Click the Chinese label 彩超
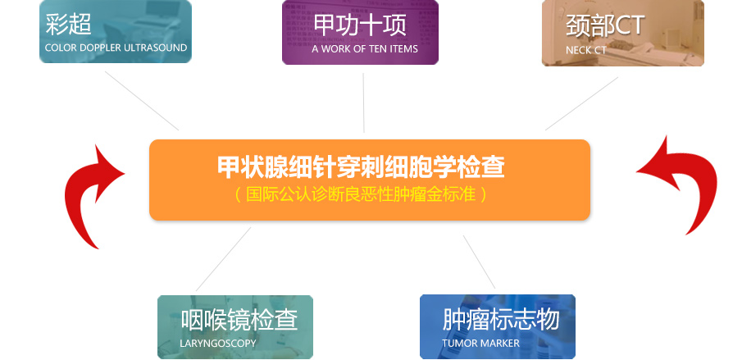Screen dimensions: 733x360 [68, 24]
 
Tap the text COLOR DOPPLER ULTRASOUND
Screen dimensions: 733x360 [116, 48]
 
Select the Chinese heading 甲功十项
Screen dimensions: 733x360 [359, 25]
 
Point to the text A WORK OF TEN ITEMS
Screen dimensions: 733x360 [365, 48]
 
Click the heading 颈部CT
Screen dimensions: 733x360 [605, 25]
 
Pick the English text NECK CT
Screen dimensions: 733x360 [585, 50]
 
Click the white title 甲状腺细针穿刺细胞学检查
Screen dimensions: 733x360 [361, 166]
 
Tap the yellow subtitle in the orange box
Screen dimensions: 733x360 [361, 194]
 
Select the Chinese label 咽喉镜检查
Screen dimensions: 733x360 [239, 320]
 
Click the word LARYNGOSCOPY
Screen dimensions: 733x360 [218, 343]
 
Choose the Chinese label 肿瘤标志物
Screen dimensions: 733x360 [501, 319]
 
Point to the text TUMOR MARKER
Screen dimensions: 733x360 [480, 343]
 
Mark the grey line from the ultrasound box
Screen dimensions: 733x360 [142, 101]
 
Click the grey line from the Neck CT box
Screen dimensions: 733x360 [581, 104]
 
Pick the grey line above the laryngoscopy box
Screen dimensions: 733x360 [223, 259]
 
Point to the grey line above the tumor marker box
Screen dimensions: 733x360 [479, 262]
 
